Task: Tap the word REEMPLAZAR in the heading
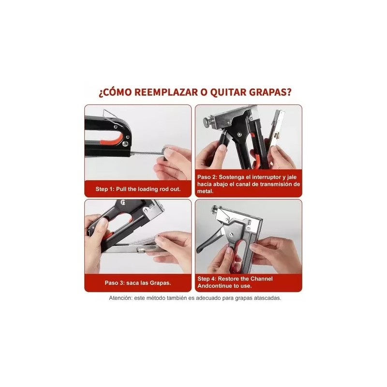(166, 92)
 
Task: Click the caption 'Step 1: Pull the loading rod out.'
(138, 189)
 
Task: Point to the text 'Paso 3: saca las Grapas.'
(138, 283)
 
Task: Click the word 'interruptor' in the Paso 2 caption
(266, 177)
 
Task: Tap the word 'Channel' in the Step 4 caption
(261, 279)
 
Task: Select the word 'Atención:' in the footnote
(121, 298)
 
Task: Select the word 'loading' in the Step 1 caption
(148, 189)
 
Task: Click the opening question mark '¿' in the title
(101, 93)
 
